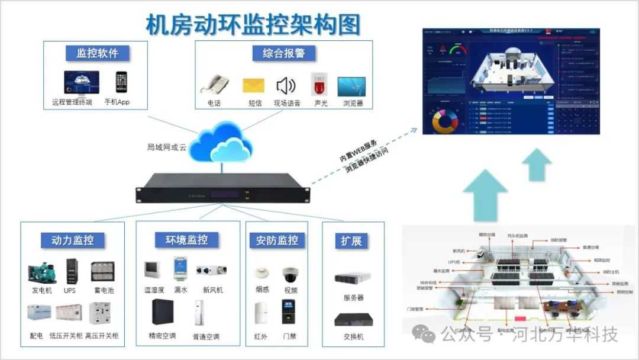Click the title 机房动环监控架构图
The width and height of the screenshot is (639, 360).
(x=253, y=25)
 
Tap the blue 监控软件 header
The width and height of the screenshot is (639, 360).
(x=97, y=53)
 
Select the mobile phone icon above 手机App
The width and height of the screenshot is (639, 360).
(x=121, y=82)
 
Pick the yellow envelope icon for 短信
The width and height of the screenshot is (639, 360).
(x=253, y=85)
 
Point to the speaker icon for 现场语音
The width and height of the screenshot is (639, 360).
(x=286, y=86)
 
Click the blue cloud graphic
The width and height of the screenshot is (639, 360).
(x=221, y=140)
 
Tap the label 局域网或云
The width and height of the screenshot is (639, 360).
(x=167, y=147)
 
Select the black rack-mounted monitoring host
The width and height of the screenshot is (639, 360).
(x=222, y=188)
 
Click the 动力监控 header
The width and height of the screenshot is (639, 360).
(x=72, y=240)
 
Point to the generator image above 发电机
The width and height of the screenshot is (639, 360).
(x=42, y=272)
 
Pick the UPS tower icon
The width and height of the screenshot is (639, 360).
(x=71, y=272)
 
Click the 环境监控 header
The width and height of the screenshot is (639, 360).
(x=186, y=240)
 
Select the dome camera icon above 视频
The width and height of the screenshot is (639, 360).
(x=291, y=274)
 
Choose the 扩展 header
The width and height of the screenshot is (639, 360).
(x=351, y=241)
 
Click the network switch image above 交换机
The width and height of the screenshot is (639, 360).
(x=353, y=320)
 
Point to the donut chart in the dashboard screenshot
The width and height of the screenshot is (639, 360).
(x=446, y=121)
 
